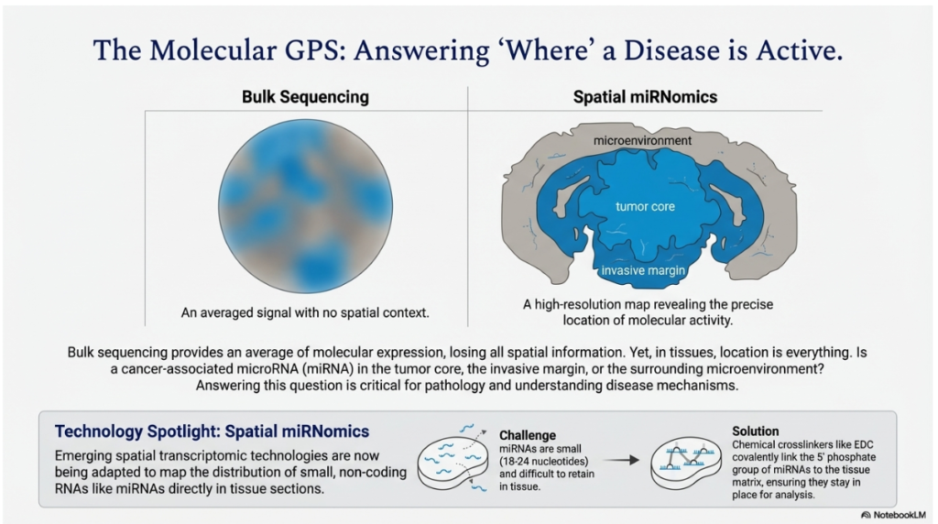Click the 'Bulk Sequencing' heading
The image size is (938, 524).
coord(292,97)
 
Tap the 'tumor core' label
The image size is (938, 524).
coord(645,207)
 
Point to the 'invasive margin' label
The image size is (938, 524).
coord(644,271)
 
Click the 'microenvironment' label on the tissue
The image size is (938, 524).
coord(642,141)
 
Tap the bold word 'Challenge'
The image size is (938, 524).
coord(527,434)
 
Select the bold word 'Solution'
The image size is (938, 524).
coord(756,431)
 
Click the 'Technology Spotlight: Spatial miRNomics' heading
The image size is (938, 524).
coord(212,431)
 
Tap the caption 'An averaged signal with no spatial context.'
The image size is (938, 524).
coord(305,312)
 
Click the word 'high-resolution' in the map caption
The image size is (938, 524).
coord(580,306)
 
